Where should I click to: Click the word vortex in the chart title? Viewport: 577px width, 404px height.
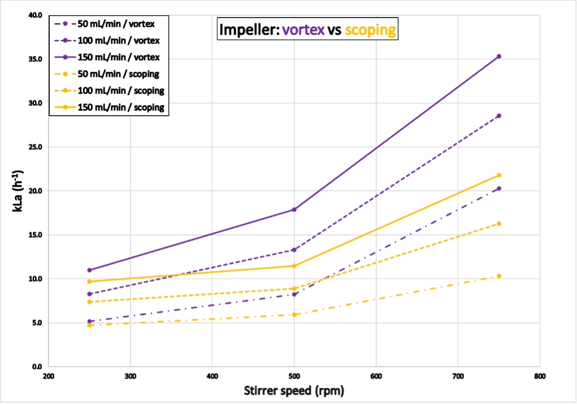pyautogui.click(x=304, y=30)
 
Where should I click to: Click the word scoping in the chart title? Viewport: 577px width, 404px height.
pyautogui.click(x=370, y=30)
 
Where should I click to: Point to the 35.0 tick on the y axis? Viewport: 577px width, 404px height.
pyautogui.click(x=35, y=59)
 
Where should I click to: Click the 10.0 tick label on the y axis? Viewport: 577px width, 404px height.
pyautogui.click(x=35, y=279)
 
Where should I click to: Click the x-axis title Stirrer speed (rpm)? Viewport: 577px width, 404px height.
pyautogui.click(x=294, y=390)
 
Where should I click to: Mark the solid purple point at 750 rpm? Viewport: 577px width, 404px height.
pyautogui.click(x=499, y=56)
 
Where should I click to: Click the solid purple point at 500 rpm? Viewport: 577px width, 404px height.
pyautogui.click(x=294, y=209)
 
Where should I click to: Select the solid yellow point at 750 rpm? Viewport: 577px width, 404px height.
pyautogui.click(x=499, y=175)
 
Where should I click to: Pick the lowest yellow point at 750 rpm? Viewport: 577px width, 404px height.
pyautogui.click(x=499, y=276)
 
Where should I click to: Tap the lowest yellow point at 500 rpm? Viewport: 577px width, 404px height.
pyautogui.click(x=294, y=315)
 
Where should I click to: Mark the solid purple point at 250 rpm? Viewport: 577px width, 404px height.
pyautogui.click(x=89, y=270)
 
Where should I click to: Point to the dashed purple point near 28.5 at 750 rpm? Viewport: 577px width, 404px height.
pyautogui.click(x=499, y=116)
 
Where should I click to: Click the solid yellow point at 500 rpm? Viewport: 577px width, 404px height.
pyautogui.click(x=294, y=266)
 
